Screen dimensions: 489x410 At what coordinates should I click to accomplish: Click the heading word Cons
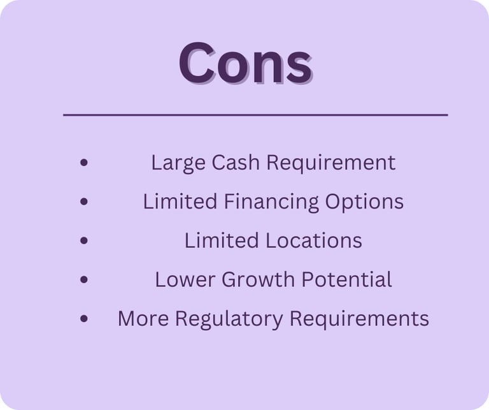click(x=245, y=62)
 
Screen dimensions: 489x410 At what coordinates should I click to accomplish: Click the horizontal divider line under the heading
click(x=255, y=115)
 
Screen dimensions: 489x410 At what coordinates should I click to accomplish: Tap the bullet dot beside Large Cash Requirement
click(x=83, y=163)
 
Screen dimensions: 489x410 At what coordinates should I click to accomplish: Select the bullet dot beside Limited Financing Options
click(x=83, y=201)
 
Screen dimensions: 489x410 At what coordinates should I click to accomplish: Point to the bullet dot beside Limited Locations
click(x=83, y=240)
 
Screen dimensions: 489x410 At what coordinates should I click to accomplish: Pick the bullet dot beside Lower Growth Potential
click(x=83, y=279)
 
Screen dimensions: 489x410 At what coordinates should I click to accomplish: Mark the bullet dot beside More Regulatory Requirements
click(x=83, y=319)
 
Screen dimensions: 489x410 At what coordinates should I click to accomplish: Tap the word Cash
click(x=235, y=163)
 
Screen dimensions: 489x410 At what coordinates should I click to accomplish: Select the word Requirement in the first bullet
click(x=331, y=163)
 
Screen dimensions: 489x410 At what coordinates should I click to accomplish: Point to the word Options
click(x=364, y=202)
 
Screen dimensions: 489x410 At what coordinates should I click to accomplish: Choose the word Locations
click(x=314, y=240)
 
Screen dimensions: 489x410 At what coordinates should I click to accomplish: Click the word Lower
click(x=185, y=279)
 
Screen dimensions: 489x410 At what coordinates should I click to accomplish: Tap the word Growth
click(x=258, y=279)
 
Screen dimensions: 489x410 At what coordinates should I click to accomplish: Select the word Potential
click(x=346, y=279)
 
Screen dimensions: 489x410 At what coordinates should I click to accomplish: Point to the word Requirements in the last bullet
click(x=359, y=319)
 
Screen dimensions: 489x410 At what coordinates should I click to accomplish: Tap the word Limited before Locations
click(x=222, y=240)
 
